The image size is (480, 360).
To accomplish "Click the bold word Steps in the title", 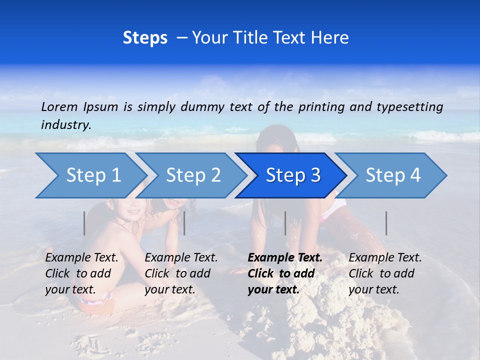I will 145,38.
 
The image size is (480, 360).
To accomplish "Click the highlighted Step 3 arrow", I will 293,175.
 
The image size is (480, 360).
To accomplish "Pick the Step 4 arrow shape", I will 393,175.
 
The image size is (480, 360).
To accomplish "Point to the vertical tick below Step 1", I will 84,223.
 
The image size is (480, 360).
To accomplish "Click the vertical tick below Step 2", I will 184,223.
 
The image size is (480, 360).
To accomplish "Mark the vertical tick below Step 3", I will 285,223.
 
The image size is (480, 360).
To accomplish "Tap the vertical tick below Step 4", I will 386,223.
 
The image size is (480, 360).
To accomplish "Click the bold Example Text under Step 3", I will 285,258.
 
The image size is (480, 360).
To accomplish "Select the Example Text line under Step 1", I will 81,258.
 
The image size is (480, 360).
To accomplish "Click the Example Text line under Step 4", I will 385,258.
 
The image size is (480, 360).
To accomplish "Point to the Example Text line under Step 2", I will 181,258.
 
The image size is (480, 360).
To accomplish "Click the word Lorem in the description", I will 59,107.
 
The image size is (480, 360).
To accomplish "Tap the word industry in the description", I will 65,125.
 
